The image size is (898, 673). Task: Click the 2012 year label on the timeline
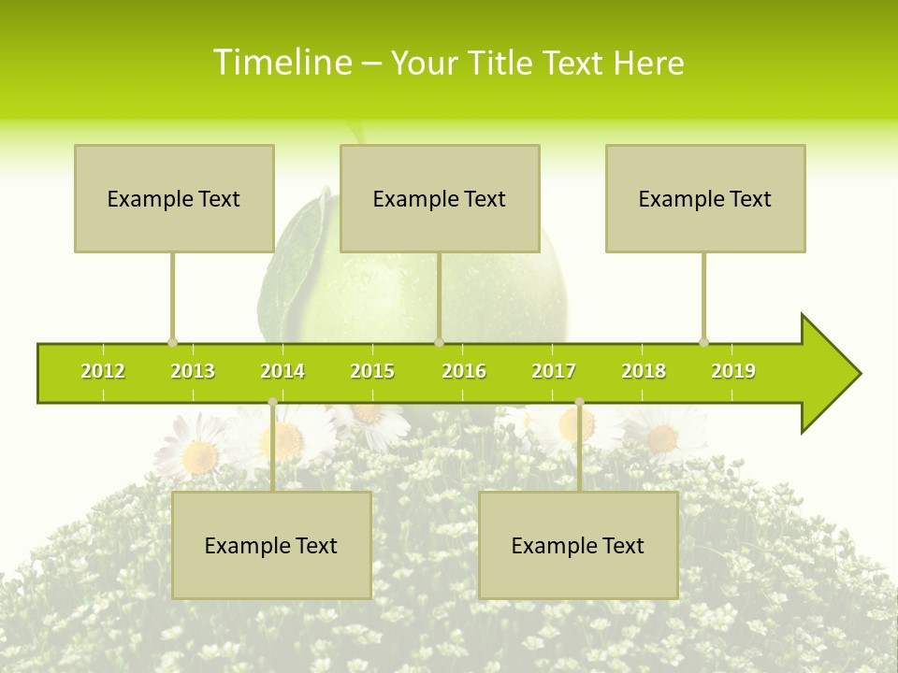[x=103, y=371]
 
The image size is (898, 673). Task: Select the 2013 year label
[x=193, y=371]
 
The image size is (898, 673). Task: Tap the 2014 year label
[x=282, y=371]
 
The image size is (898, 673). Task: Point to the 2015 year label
[x=372, y=371]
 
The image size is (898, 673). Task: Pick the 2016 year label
[x=464, y=371]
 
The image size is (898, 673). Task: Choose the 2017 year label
[x=554, y=371]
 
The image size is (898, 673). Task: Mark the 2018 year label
[x=644, y=371]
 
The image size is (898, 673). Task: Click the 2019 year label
[x=733, y=371]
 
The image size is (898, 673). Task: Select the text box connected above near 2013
[x=174, y=198]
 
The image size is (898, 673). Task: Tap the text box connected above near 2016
[x=440, y=198]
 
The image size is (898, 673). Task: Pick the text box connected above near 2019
[x=705, y=198]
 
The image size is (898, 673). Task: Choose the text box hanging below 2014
[x=271, y=545]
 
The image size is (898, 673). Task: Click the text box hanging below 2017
[x=578, y=545]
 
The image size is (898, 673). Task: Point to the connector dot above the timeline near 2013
[x=172, y=342]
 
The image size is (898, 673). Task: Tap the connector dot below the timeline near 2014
[x=272, y=402]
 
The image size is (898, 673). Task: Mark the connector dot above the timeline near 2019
[x=703, y=342]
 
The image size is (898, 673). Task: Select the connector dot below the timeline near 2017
[x=579, y=402]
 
